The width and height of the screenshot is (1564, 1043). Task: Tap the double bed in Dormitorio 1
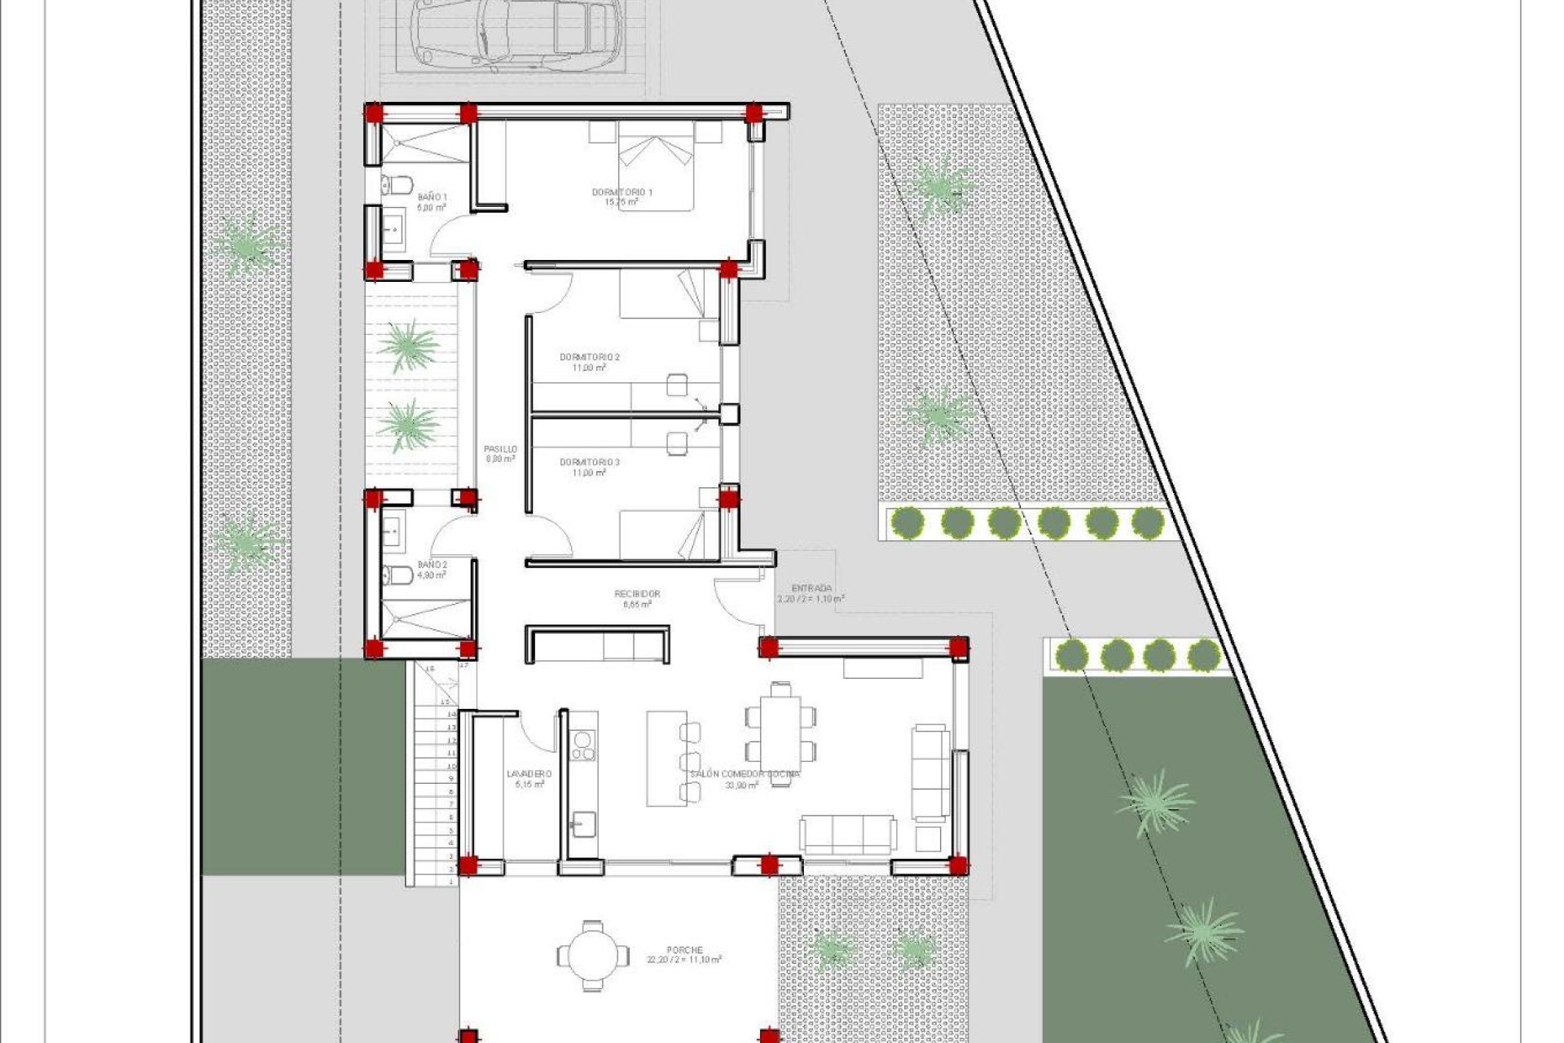coord(656,167)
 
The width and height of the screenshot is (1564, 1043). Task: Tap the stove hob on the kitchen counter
coord(583,745)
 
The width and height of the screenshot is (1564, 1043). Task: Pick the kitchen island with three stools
coord(666,759)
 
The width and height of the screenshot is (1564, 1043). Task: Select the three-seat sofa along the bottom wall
coord(848,834)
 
